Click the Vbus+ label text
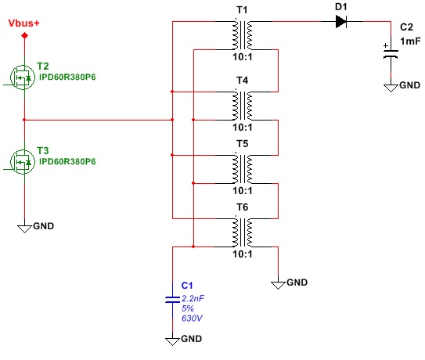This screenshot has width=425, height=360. click(x=23, y=23)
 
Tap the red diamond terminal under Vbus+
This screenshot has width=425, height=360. click(x=25, y=35)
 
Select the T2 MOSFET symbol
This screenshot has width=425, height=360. click(x=23, y=77)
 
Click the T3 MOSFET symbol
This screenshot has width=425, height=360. click(x=23, y=162)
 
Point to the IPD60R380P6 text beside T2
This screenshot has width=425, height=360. click(x=67, y=77)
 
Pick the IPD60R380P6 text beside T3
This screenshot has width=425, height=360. click(x=67, y=161)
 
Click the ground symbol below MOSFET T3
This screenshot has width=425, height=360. click(x=24, y=229)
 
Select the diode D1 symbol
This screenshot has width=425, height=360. click(x=341, y=21)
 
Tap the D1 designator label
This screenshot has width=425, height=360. click(x=341, y=6)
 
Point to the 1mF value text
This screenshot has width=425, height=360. click(x=410, y=41)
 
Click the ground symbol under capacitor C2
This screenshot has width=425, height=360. click(x=391, y=88)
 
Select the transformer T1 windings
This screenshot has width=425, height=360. click(x=243, y=35)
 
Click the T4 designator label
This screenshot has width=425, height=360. click(x=243, y=81)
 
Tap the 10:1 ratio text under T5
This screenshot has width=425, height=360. click(x=243, y=191)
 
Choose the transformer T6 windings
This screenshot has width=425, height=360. click(x=243, y=233)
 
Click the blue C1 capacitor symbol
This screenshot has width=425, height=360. click(x=173, y=300)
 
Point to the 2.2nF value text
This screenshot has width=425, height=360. click(x=193, y=298)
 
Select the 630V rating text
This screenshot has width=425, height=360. click(x=192, y=318)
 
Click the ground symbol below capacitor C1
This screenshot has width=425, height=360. click(x=173, y=341)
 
